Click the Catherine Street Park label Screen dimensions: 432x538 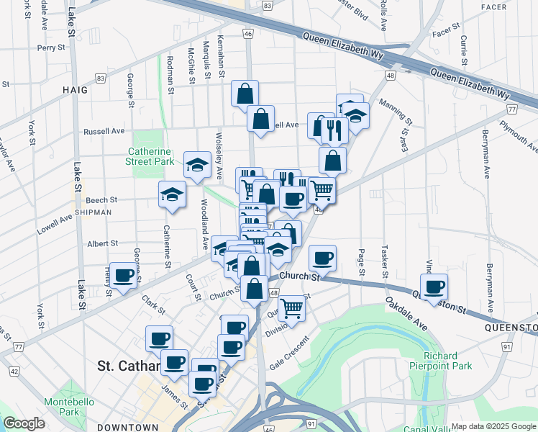150,157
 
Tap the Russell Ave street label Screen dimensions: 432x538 104,132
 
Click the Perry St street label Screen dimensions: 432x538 51,48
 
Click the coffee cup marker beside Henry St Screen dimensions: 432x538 123,274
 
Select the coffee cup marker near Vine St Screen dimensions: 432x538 434,286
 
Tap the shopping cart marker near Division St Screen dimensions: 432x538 291,307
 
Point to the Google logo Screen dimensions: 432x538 24,423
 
